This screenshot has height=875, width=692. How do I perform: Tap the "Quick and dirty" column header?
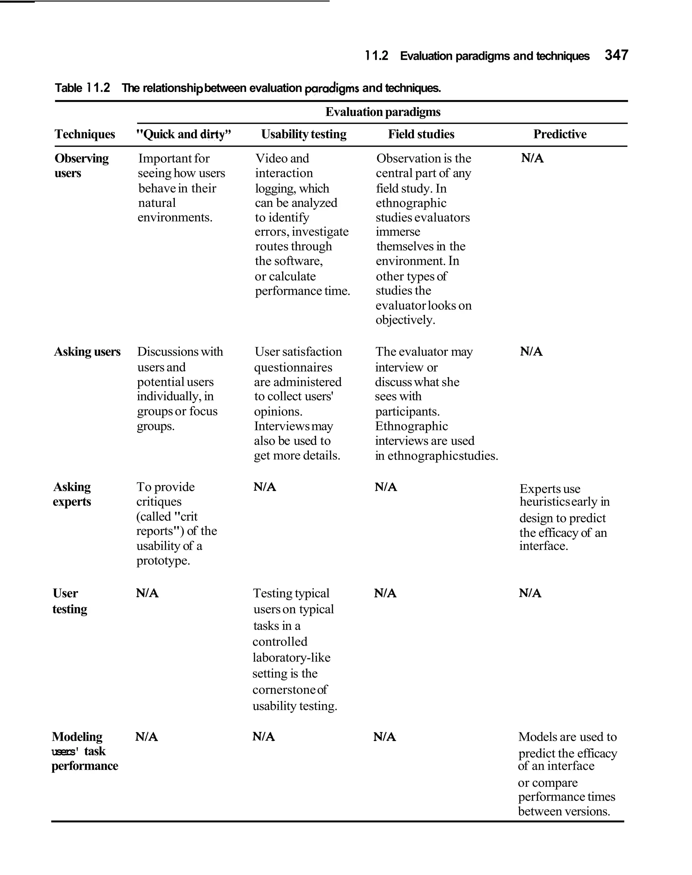(183, 134)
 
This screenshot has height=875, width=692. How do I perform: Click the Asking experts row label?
(72, 494)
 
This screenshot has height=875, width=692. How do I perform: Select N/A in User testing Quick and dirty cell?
(147, 593)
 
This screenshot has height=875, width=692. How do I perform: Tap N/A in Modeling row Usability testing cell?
(263, 736)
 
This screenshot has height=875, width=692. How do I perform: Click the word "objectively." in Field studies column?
(405, 320)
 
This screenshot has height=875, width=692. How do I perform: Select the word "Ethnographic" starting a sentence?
(411, 426)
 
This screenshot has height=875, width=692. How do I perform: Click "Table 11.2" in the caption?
(82, 88)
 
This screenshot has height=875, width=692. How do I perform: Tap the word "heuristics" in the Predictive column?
(545, 502)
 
